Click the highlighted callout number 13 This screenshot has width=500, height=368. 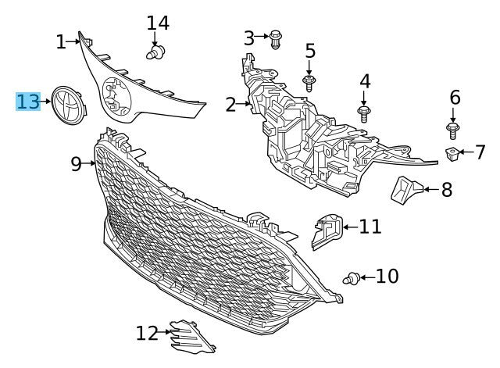[28, 102]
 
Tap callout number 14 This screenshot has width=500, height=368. [158, 23]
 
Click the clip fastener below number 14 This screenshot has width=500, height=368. [156, 52]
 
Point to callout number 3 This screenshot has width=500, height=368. [249, 38]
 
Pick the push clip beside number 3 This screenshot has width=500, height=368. [275, 39]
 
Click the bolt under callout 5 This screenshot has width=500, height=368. [309, 84]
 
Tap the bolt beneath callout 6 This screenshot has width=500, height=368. [452, 130]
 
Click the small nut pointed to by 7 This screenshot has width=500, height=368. [452, 154]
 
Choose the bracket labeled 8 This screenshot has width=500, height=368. [406, 190]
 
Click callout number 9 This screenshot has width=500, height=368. [77, 164]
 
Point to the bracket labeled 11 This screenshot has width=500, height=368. [327, 231]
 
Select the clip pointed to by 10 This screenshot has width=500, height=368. [352, 278]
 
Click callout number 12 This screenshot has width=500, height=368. [147, 334]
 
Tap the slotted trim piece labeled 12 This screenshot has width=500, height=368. [191, 338]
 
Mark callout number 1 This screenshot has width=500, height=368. [61, 42]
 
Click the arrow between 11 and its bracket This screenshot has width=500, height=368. [351, 227]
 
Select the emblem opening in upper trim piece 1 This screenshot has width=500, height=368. [116, 96]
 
